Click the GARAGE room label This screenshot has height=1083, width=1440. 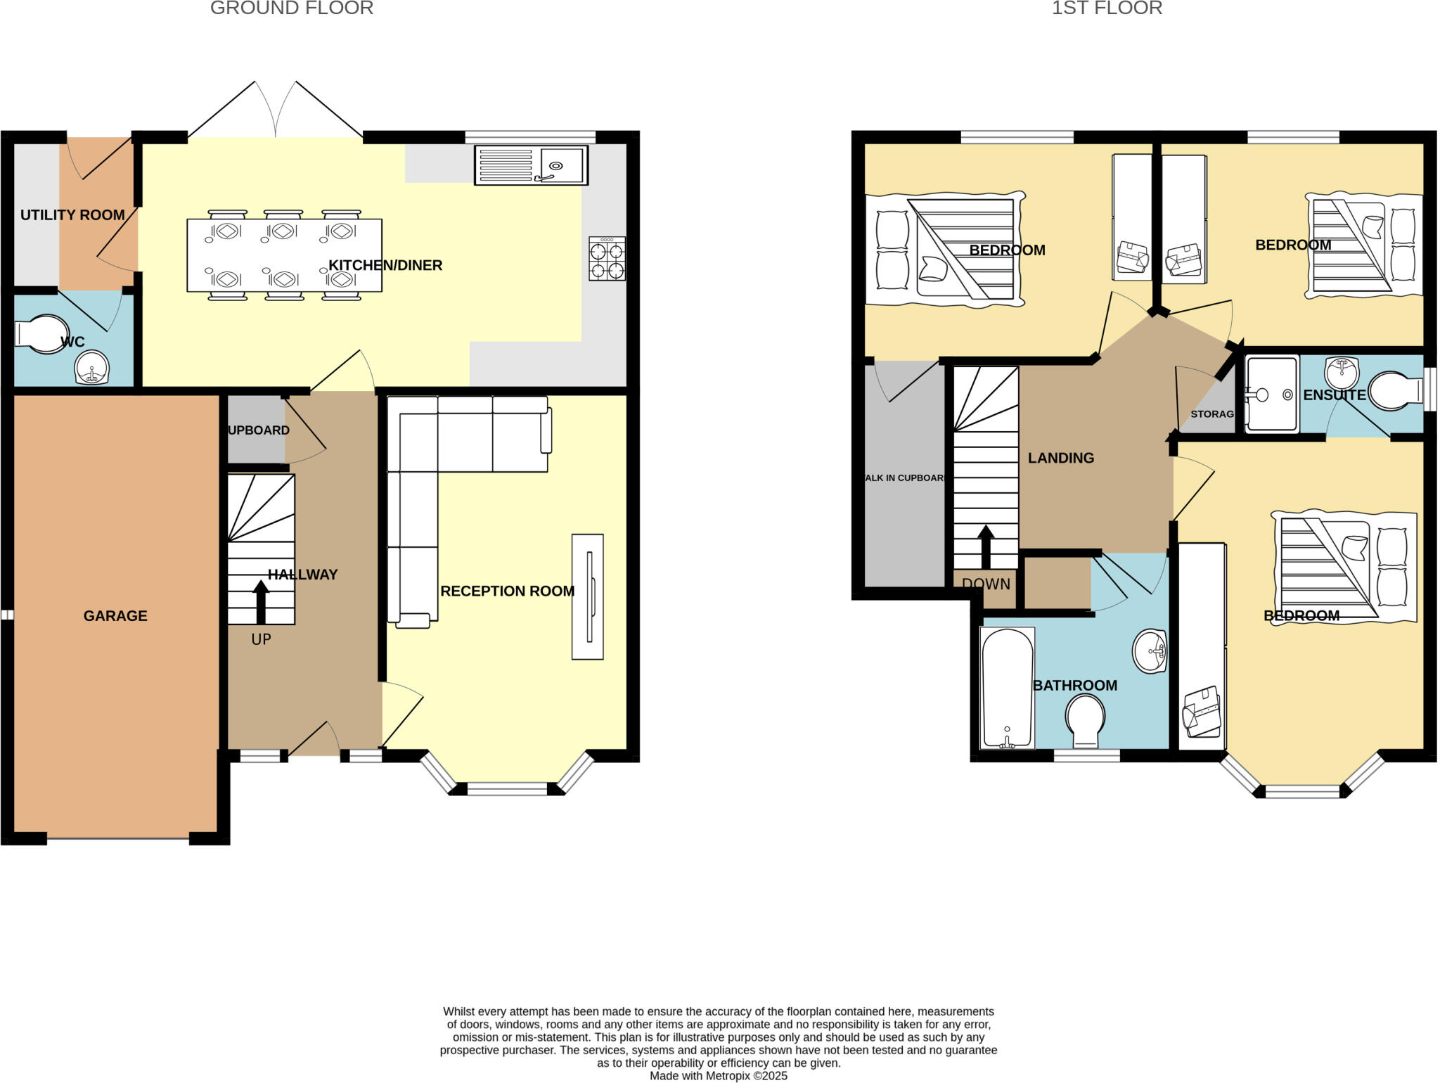click(115, 616)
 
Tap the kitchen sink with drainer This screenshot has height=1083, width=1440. click(531, 165)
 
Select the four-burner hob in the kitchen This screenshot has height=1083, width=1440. click(607, 259)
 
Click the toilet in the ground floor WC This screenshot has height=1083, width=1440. click(42, 334)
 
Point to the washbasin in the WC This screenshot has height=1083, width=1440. click(91, 368)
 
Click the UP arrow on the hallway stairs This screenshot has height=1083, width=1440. click(261, 602)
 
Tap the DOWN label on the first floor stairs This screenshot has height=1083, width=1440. click(986, 584)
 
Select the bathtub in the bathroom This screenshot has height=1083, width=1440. click(1007, 687)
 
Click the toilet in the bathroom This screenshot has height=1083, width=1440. click(1085, 720)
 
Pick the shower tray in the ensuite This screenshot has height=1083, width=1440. click(1271, 395)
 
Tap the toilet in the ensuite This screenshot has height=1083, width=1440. click(1395, 392)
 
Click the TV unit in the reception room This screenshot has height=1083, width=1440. click(587, 596)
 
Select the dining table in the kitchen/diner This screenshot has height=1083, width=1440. click(284, 255)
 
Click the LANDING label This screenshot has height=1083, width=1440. click(1060, 458)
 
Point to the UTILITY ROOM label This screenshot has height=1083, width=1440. click(72, 215)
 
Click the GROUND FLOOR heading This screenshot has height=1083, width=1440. click(292, 8)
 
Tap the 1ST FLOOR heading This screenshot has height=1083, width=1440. click(1107, 8)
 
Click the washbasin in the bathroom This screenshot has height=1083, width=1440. click(1150, 651)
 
